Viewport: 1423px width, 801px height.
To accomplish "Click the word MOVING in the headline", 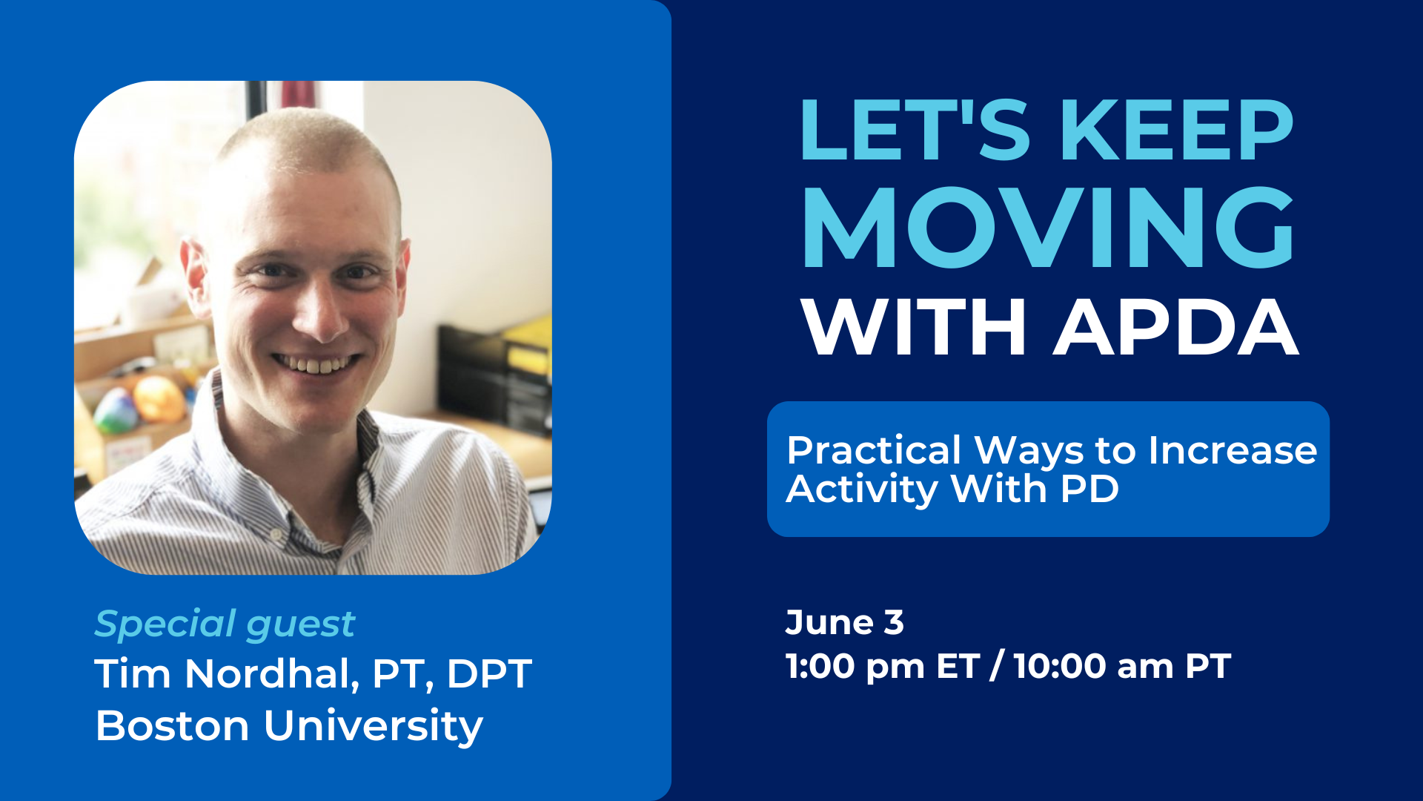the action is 1049,227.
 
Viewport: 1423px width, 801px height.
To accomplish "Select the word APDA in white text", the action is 1176,327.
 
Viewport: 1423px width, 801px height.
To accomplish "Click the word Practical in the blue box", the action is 874,450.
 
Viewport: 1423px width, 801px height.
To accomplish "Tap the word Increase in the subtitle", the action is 1233,450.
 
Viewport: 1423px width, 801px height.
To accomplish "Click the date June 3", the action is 844,622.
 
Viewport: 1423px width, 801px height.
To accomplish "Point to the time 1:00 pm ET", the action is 883,666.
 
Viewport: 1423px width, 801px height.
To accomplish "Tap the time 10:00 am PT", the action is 1122,666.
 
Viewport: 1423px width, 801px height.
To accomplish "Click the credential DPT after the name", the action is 489,674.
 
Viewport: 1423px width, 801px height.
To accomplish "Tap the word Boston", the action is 172,725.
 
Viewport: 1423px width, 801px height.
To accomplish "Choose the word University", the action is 373,726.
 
